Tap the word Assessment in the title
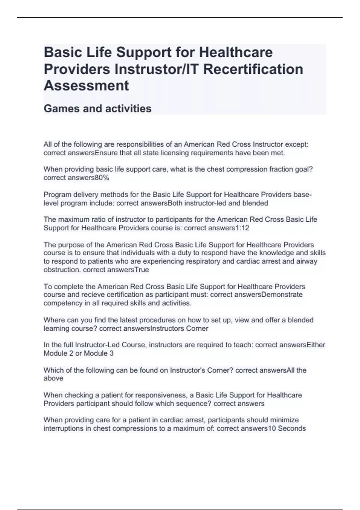[x=86, y=85]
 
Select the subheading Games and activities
[x=97, y=108]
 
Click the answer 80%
[x=102, y=178]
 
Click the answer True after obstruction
[x=142, y=270]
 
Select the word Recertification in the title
[x=253, y=69]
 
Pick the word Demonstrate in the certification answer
[x=282, y=295]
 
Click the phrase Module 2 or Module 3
[x=79, y=353]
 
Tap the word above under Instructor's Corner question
[x=53, y=378]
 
